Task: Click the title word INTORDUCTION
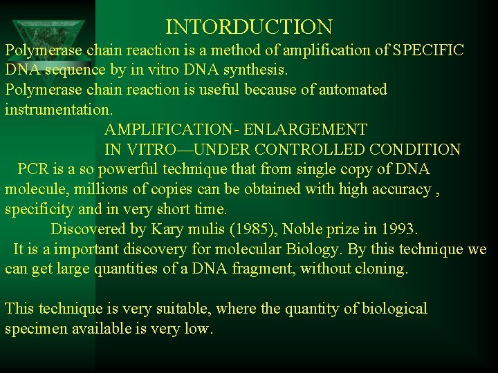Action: coord(249,28)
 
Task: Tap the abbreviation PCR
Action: coord(33,169)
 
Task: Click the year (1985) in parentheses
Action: coord(250,229)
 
